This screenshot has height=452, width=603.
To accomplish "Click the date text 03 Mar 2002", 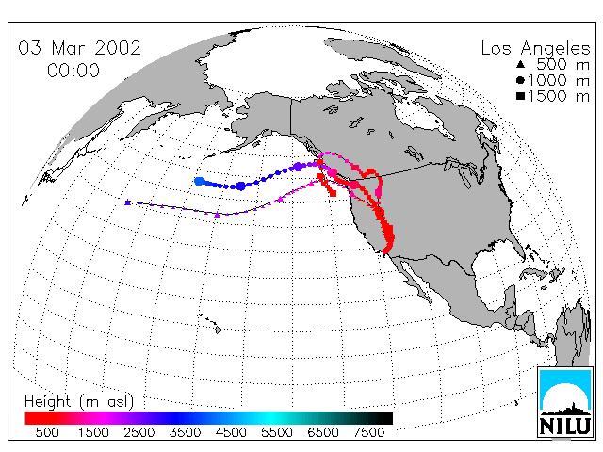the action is pyautogui.click(x=79, y=48).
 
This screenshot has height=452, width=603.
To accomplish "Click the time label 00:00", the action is pyautogui.click(x=73, y=71).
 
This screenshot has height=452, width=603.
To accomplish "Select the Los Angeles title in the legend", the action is pyautogui.click(x=535, y=49).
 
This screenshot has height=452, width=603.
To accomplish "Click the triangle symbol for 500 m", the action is pyautogui.click(x=521, y=65).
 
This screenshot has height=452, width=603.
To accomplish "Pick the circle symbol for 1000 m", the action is pyautogui.click(x=521, y=80).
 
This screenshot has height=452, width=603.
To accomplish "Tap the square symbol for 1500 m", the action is pyautogui.click(x=521, y=96).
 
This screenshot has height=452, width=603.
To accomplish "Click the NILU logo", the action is pyautogui.click(x=565, y=402).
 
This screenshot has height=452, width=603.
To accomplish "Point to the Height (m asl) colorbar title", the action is pyautogui.click(x=79, y=402).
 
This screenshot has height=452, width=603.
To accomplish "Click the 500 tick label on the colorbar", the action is pyautogui.click(x=47, y=432).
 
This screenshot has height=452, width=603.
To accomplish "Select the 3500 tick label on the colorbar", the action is pyautogui.click(x=185, y=432).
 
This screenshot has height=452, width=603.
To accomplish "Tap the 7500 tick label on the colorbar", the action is pyautogui.click(x=368, y=432).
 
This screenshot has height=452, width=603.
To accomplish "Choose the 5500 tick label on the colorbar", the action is pyautogui.click(x=277, y=432).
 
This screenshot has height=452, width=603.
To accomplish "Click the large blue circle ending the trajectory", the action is pyautogui.click(x=199, y=181).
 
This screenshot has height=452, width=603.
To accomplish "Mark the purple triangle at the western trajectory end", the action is pyautogui.click(x=128, y=202).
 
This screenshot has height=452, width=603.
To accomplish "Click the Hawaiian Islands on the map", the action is pyautogui.click(x=211, y=323).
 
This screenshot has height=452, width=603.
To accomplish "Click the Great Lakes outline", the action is pyautogui.click(x=463, y=169).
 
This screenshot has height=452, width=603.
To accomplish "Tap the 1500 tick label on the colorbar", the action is pyautogui.click(x=93, y=432).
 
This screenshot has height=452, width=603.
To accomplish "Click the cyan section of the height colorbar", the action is pyautogui.click(x=271, y=418).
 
